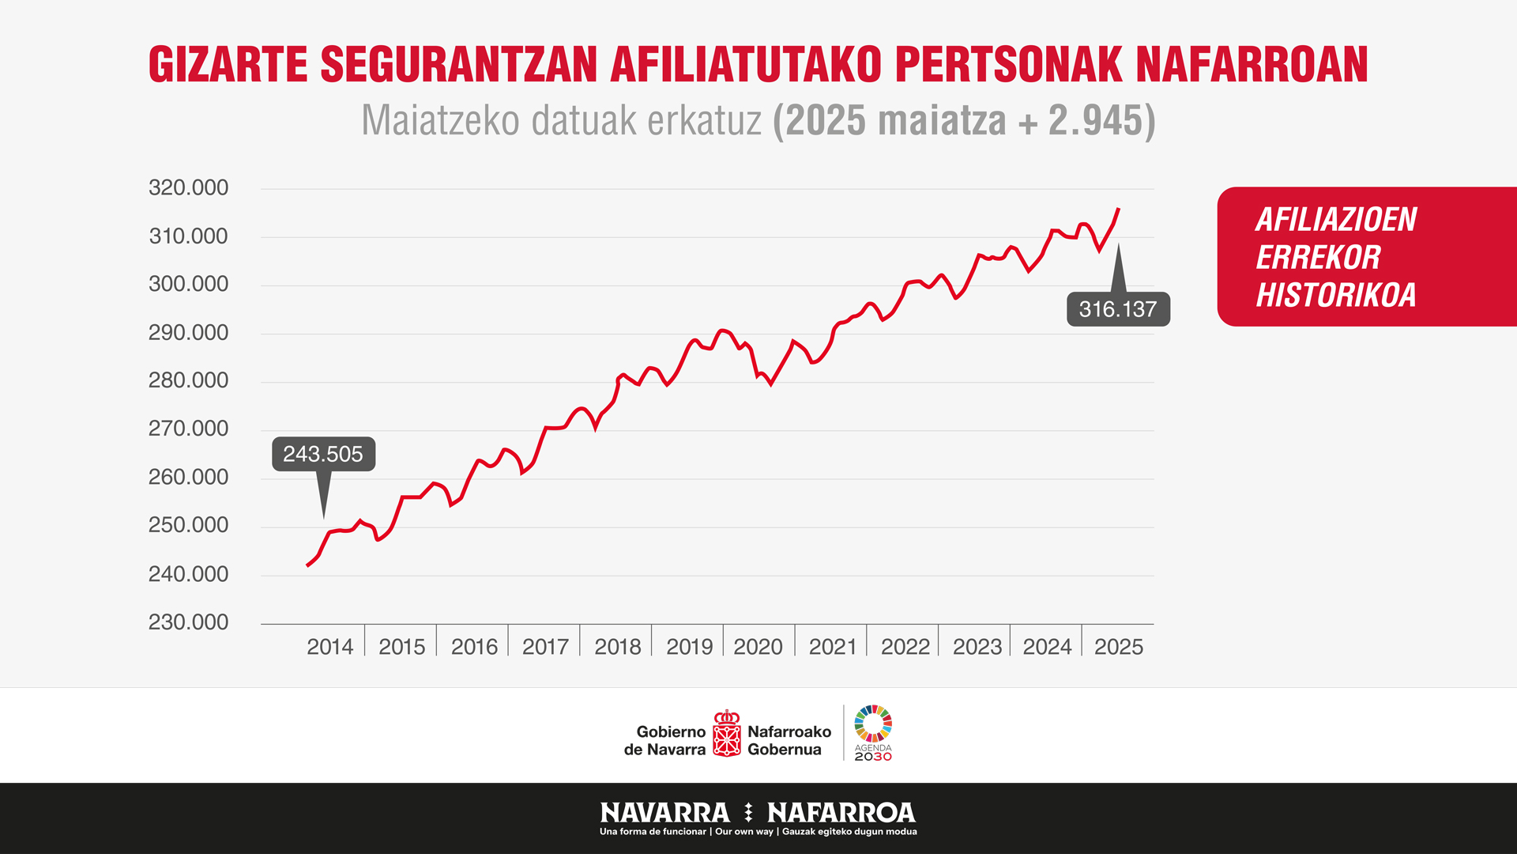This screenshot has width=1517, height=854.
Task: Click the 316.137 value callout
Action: (1118, 309)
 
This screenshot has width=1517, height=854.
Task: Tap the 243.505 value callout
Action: (323, 454)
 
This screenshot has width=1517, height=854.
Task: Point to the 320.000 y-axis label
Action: (188, 188)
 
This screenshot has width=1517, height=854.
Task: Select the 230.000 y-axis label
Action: (188, 622)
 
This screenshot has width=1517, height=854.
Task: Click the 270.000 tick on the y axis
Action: (188, 429)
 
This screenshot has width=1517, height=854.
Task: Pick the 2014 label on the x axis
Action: (329, 647)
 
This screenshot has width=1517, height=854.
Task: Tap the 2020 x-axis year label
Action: (758, 647)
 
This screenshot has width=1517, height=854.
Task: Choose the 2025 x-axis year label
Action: (1118, 647)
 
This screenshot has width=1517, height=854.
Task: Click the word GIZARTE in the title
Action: (228, 65)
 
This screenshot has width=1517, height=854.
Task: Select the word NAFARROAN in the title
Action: (1252, 65)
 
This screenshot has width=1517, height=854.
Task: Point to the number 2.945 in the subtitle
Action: (1096, 121)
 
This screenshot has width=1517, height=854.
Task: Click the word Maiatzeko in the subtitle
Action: (440, 121)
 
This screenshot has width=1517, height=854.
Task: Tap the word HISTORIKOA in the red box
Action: (1336, 295)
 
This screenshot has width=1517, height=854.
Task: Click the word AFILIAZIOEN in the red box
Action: (1336, 220)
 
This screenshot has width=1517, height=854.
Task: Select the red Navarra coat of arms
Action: (726, 734)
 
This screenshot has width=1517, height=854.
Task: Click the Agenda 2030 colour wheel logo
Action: (873, 724)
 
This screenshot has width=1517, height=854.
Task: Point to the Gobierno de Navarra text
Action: (665, 740)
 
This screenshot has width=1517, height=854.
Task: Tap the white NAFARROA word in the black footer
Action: (841, 813)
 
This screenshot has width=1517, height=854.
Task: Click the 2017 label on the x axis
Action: (545, 647)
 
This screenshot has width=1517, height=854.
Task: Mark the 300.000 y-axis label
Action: (188, 284)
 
